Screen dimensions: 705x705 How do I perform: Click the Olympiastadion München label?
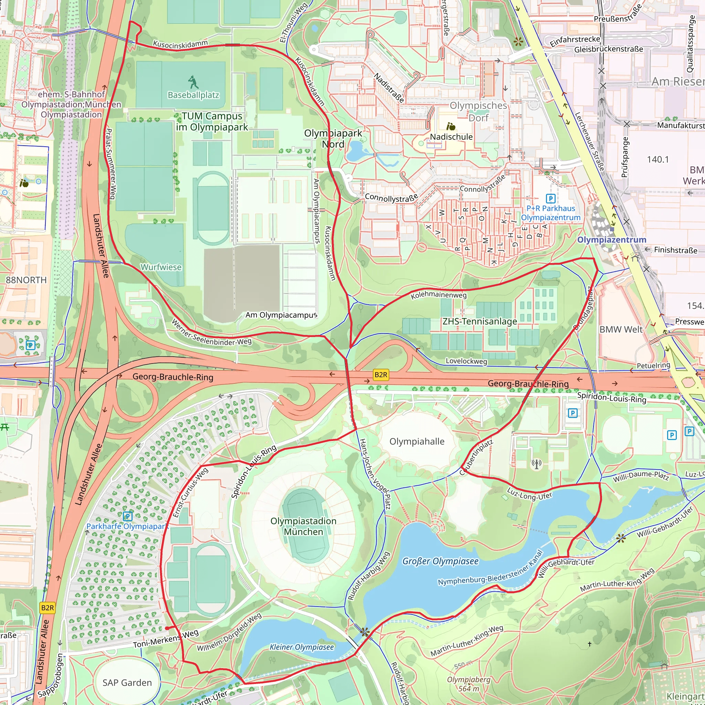click(x=303, y=526)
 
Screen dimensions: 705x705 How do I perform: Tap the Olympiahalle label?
click(x=417, y=442)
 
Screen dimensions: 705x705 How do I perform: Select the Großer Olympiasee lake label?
click(x=440, y=561)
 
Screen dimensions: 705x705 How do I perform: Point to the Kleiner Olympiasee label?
click(x=302, y=647)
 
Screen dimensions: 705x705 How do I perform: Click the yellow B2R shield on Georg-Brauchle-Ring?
click(x=381, y=375)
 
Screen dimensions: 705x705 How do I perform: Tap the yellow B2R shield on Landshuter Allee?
click(x=48, y=608)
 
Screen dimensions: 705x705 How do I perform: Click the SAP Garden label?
click(x=127, y=683)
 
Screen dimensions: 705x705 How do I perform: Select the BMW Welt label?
click(x=621, y=329)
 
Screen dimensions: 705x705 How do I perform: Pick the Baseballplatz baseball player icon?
click(x=193, y=82)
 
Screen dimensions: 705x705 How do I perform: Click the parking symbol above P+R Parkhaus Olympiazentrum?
click(x=550, y=199)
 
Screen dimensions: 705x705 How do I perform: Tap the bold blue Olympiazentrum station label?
click(x=612, y=240)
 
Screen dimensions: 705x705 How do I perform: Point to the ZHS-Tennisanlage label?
click(x=480, y=322)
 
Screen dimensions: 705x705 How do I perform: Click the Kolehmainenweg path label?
click(x=439, y=295)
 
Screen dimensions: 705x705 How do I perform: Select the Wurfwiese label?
click(x=161, y=267)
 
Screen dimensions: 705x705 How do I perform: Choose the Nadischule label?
click(x=451, y=137)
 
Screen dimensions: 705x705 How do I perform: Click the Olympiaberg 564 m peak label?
click(x=469, y=684)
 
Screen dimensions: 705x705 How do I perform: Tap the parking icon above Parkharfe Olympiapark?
click(x=127, y=516)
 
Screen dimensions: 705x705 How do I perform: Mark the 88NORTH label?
click(x=26, y=280)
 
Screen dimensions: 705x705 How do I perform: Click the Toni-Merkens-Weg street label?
click(x=166, y=639)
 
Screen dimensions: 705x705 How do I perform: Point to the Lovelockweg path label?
click(x=466, y=361)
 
